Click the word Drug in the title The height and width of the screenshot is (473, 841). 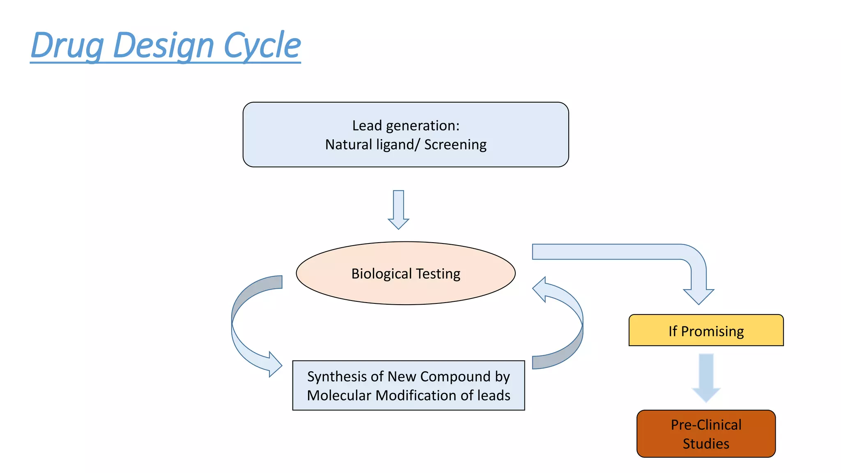[67, 45]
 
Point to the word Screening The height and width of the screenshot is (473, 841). [455, 145]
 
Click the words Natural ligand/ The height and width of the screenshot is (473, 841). [372, 145]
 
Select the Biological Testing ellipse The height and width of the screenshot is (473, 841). [406, 292]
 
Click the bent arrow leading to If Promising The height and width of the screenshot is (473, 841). [616, 252]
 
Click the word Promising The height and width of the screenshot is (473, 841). [712, 331]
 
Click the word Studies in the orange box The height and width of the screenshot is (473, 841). [706, 443]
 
